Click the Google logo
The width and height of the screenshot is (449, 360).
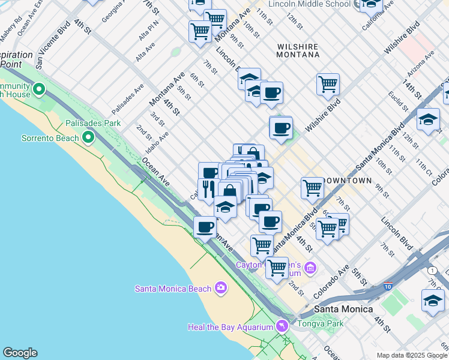tap(20, 353)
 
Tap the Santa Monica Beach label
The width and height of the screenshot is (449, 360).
tap(173, 289)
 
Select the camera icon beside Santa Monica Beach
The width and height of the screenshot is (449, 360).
tap(221, 289)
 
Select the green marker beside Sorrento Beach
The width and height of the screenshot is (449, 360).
tap(88, 139)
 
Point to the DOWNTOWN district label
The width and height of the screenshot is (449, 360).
tap(346, 180)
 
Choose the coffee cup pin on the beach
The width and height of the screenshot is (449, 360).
tap(205, 227)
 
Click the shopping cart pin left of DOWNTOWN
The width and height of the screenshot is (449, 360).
tap(312, 188)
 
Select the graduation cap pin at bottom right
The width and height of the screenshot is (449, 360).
tap(432, 300)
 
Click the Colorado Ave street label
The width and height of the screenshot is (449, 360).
tap(332, 282)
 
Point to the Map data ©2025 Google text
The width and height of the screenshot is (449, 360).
tap(412, 355)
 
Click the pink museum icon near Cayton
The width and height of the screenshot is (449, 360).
tap(310, 267)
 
